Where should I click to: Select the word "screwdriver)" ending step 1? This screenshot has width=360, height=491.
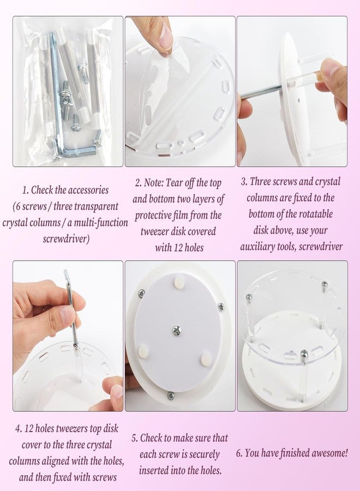point(66,239)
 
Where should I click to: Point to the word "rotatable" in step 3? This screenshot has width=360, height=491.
point(316,214)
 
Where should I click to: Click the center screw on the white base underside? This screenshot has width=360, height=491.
point(177,331)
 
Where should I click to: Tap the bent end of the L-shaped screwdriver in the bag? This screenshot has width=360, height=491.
point(81,153)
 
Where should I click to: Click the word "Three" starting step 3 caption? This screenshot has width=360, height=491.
point(260,181)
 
